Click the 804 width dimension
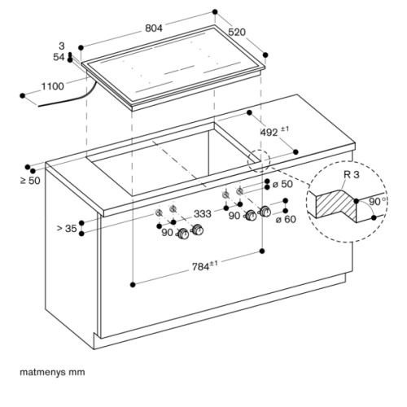(x=154, y=28)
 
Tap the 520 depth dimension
(x=237, y=32)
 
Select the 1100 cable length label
(x=53, y=86)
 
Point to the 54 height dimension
(x=59, y=57)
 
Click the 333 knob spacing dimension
(x=203, y=214)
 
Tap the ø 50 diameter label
(x=282, y=184)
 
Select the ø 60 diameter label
(x=286, y=219)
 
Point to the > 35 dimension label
(x=67, y=228)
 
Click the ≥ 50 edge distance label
(x=30, y=181)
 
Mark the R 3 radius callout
(x=352, y=174)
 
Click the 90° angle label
(x=378, y=202)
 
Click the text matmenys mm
(x=52, y=372)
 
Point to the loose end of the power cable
(x=38, y=106)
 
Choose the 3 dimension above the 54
(x=62, y=46)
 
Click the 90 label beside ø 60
(x=234, y=216)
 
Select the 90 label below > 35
(x=167, y=233)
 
